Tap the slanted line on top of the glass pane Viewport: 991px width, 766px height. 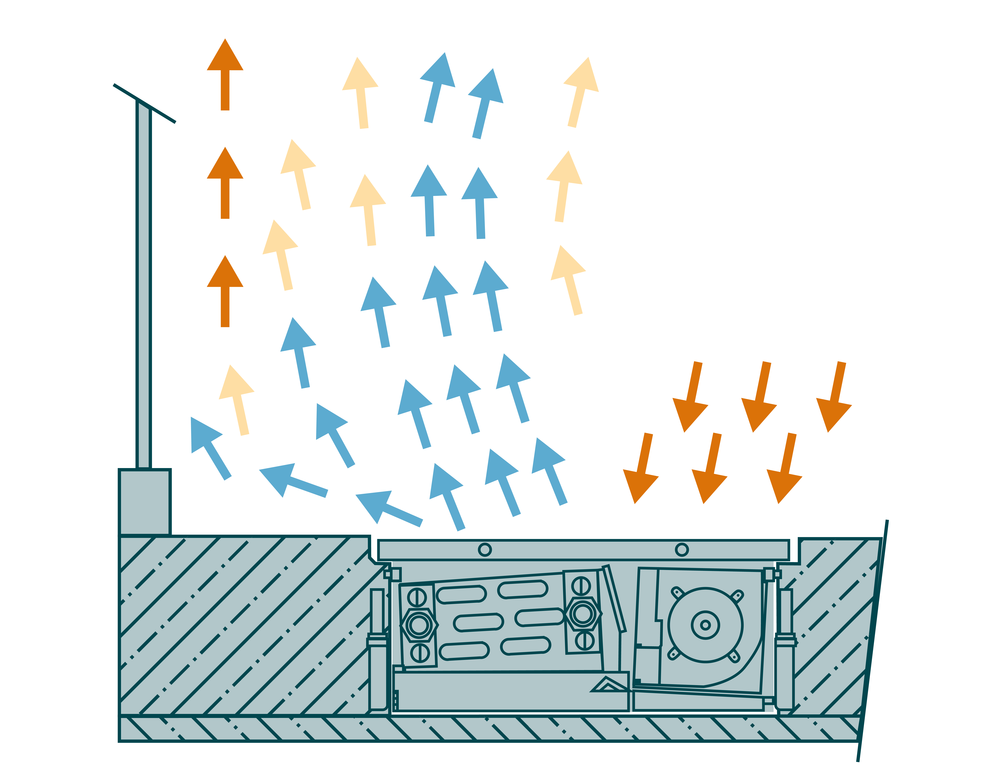pyautogui.click(x=144, y=104)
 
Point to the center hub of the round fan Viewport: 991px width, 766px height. pyautogui.click(x=705, y=625)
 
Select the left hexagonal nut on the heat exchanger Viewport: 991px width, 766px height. pyautogui.click(x=419, y=625)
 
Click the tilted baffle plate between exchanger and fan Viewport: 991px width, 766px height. pyautogui.click(x=614, y=599)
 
